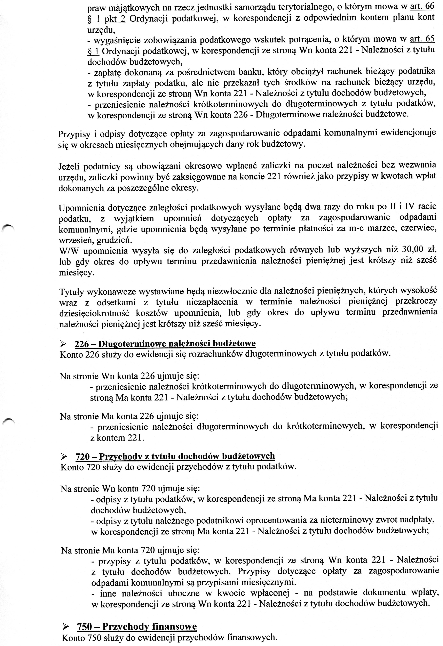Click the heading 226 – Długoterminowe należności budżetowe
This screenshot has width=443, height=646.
(x=165, y=344)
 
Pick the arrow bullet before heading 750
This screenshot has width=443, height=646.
(x=65, y=625)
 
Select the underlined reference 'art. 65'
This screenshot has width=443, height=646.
(x=422, y=39)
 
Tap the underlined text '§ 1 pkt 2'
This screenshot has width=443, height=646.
(x=106, y=18)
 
